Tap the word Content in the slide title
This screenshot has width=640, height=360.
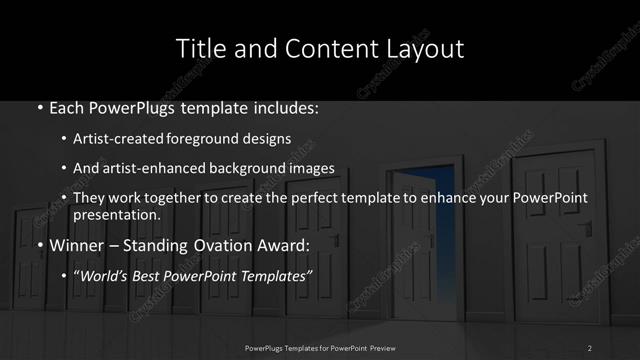click(321, 48)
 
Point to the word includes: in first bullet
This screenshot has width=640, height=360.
click(285, 105)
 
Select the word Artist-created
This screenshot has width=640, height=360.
click(129, 138)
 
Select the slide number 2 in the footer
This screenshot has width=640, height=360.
click(590, 347)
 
